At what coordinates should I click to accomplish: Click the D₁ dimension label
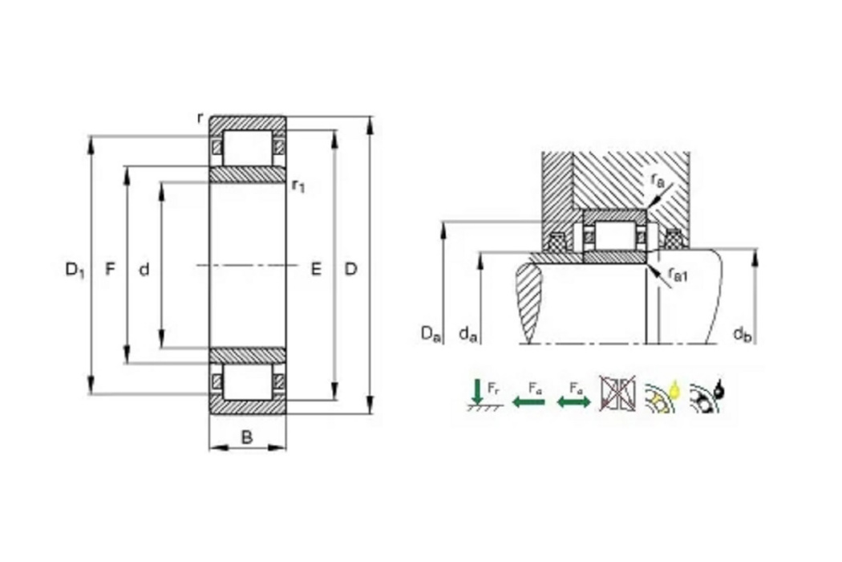click(x=75, y=269)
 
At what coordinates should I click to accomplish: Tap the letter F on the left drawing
click(x=110, y=268)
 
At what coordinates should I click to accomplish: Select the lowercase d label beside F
click(x=144, y=269)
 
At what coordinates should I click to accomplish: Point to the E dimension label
click(x=316, y=268)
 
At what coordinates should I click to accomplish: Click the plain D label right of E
click(x=350, y=268)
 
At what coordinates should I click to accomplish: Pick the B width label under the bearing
click(x=246, y=438)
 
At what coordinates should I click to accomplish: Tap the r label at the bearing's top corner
click(x=200, y=118)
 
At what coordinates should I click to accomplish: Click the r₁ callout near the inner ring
click(x=298, y=185)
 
